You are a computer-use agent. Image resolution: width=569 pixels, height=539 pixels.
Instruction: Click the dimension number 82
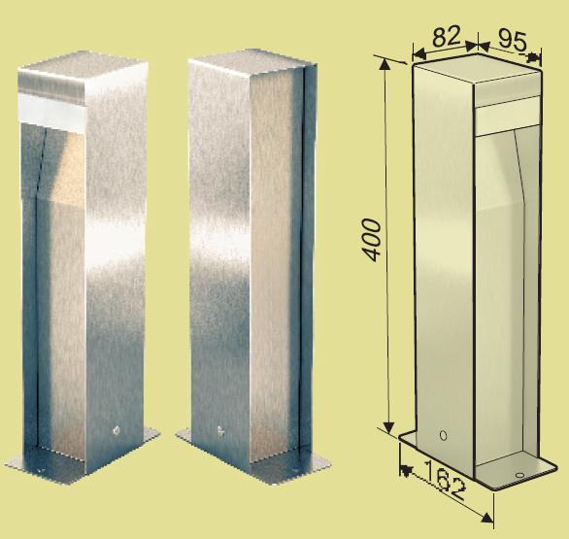[x=447, y=36]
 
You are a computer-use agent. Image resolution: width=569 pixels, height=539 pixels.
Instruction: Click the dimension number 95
[x=512, y=40]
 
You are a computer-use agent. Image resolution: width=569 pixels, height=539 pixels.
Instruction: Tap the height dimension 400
[x=372, y=240]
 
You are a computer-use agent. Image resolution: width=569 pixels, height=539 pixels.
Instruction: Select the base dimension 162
[x=444, y=479]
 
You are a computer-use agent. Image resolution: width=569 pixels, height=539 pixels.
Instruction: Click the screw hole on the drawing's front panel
[x=443, y=435]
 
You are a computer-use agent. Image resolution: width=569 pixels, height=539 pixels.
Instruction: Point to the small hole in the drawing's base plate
[x=519, y=475]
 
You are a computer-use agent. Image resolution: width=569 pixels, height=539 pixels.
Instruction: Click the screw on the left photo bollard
[x=117, y=430]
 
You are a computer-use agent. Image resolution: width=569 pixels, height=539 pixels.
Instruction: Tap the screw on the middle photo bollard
[x=220, y=431]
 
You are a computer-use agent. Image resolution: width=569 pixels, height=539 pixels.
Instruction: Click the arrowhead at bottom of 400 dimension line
[x=389, y=427]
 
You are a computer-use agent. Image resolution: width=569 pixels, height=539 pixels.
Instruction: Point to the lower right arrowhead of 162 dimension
[x=488, y=518]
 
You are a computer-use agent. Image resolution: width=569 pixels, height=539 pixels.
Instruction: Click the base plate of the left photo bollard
[x=83, y=458]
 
